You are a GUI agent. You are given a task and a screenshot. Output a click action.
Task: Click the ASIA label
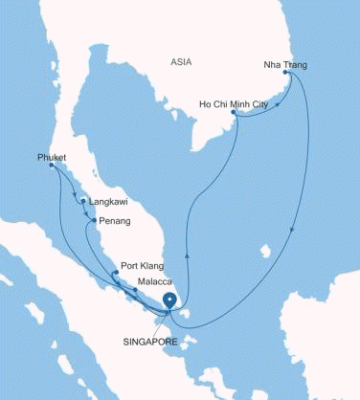click(180, 62)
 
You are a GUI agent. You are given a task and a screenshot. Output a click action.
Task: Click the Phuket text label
click(52, 156)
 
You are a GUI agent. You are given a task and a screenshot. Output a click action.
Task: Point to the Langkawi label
click(107, 202)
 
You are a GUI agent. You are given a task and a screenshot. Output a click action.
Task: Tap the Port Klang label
click(140, 265)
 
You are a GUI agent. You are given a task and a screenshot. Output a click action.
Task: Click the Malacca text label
click(155, 282)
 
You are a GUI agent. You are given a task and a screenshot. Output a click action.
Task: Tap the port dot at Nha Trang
click(286, 74)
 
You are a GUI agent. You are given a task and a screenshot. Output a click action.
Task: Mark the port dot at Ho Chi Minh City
click(235, 113)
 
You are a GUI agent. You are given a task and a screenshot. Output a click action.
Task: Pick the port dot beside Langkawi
click(83, 202)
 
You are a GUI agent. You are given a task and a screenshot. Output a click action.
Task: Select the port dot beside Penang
click(93, 221)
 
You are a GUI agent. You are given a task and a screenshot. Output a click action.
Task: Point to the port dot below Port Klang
click(115, 274)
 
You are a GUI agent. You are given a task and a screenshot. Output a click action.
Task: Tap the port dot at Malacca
click(135, 290)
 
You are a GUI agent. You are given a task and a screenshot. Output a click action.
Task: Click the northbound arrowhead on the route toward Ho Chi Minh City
click(186, 256)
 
